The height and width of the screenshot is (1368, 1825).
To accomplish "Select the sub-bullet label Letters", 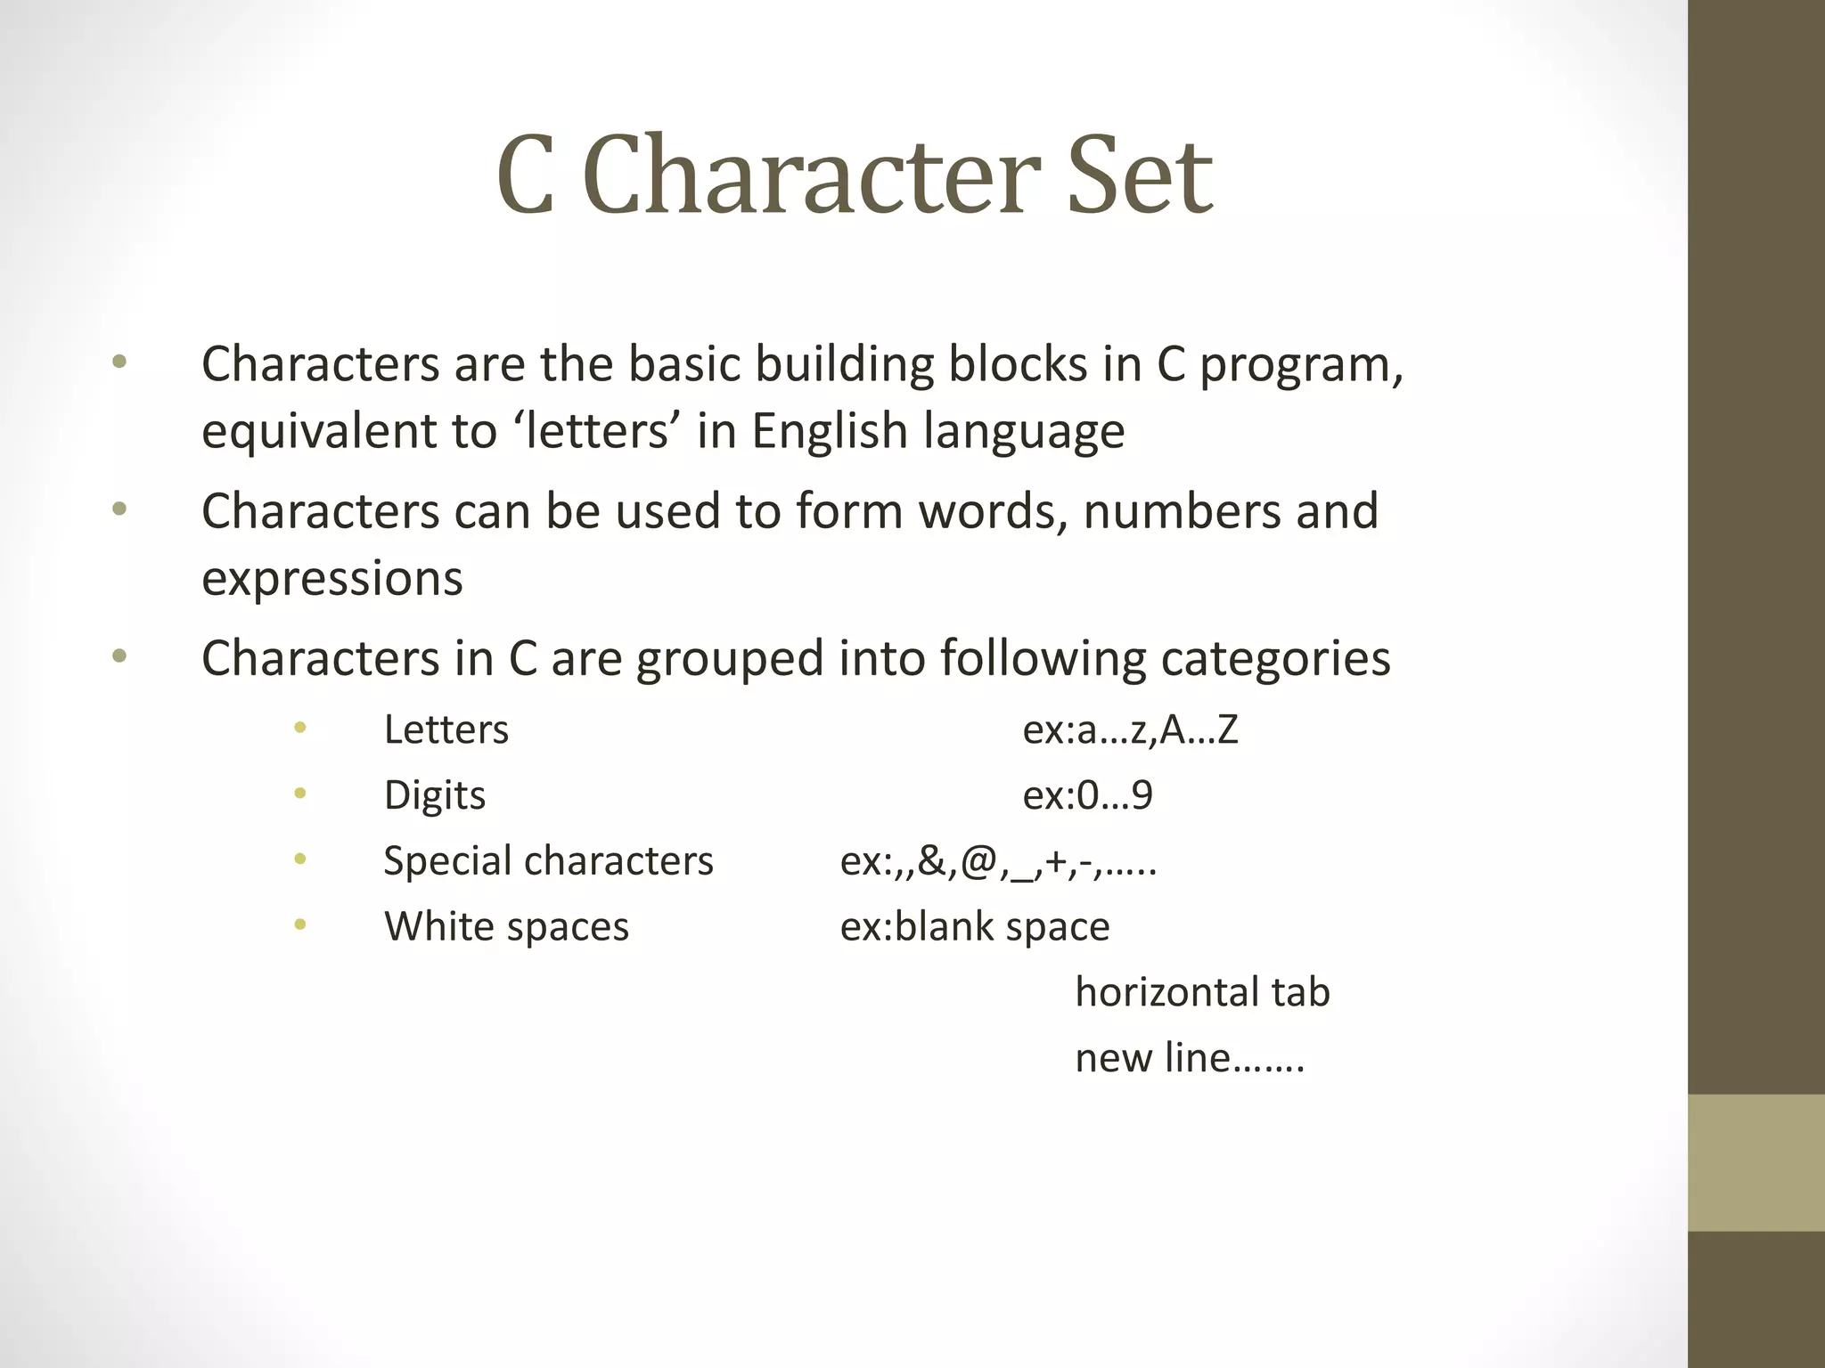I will pos(446,729).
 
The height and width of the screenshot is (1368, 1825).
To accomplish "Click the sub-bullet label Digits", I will pos(435,795).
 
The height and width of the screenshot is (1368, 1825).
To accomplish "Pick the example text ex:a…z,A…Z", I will pos(1130,729).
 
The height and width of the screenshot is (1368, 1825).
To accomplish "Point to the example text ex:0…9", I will pos(1087,795).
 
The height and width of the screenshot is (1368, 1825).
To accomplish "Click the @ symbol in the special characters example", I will pos(978,861).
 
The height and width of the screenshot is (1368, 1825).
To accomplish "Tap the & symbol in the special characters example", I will pos(931,861).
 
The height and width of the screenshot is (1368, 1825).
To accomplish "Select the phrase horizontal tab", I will pos(1202,992).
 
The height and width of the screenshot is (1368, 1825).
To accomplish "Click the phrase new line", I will pos(1153,1058).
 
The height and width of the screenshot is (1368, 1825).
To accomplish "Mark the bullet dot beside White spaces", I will pos(300,925).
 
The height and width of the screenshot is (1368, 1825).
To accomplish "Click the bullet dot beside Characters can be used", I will pos(119,509).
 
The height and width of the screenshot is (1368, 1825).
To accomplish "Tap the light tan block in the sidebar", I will pos(1755,1162).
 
